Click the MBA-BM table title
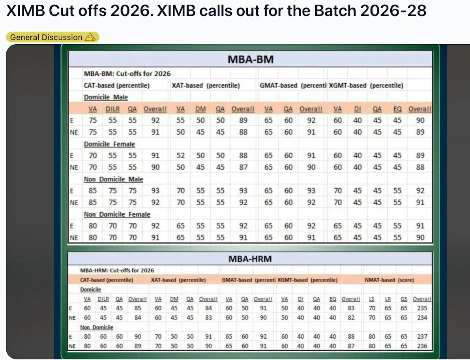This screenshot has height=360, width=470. pos(251,60)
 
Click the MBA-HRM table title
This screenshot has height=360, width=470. pos(250,259)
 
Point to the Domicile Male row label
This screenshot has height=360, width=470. pos(106,97)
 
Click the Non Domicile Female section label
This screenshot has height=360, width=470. pos(117,214)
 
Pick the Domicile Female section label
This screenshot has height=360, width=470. pos(109,144)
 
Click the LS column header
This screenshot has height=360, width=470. pos(372,299)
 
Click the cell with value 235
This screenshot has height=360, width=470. pos(421,308)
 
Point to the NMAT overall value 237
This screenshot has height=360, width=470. pos(421,337)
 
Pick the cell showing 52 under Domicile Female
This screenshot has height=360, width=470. pos(180,156)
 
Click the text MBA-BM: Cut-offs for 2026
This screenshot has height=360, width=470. pos(127,73)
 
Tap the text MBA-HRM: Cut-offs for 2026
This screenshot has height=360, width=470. pos(117,270)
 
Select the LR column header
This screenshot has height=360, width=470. pos(388,299)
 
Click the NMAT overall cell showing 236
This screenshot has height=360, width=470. pos(421,346)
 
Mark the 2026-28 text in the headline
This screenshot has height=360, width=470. pos(394,11)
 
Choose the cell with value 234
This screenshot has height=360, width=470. pos(421,318)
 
